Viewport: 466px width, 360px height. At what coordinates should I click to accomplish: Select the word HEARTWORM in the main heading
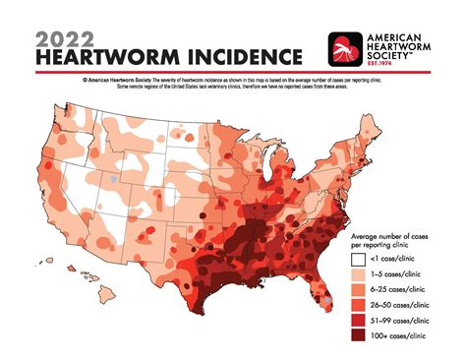pos(107,59)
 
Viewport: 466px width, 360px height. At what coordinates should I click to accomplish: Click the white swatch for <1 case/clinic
pos(359,260)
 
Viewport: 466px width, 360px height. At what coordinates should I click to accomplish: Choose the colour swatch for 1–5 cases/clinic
pos(359,279)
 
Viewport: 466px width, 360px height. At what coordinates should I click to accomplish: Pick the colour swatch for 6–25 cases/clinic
pos(359,299)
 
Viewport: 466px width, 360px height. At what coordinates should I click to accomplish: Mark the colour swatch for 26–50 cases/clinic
pos(359,319)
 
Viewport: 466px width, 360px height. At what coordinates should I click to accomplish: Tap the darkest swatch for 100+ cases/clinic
pos(359,338)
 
